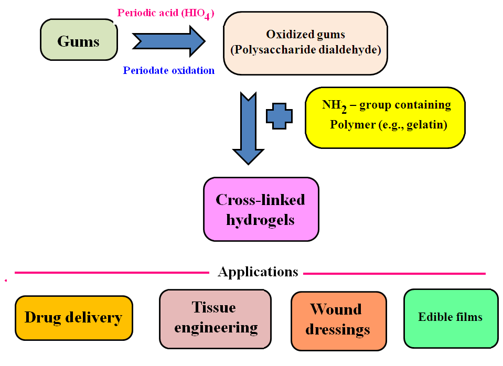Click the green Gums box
(x=79, y=40)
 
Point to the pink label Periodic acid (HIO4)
(x=165, y=13)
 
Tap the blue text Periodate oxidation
(x=168, y=70)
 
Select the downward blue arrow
(x=248, y=128)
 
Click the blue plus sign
(x=280, y=116)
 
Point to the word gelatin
(x=429, y=125)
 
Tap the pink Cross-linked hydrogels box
(x=261, y=209)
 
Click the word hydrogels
(x=261, y=219)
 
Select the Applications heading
(x=258, y=272)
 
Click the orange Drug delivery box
(x=73, y=318)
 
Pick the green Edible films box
(x=451, y=317)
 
